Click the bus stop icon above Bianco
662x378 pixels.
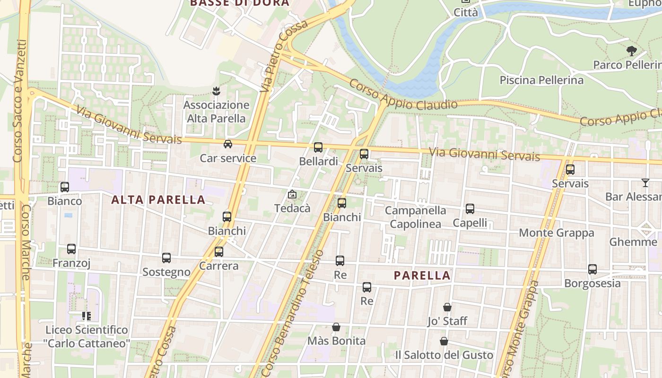click(65, 187)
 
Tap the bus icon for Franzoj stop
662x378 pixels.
click(71, 249)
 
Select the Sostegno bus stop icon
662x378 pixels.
click(166, 258)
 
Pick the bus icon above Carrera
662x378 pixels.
click(218, 252)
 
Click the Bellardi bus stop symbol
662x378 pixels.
click(318, 147)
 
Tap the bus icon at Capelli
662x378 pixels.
click(470, 209)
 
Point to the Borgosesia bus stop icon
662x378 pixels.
click(592, 269)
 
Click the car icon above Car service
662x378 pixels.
click(228, 144)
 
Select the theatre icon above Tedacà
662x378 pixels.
click(292, 194)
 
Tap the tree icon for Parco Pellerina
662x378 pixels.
click(631, 51)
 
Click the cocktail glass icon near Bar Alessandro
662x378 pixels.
click(645, 183)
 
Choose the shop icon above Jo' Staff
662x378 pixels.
click(447, 307)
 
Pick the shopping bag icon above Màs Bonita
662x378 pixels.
click(336, 327)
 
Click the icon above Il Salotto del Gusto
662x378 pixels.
click(444, 341)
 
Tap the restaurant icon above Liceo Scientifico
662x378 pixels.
click(86, 316)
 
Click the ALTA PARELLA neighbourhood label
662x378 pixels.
click(158, 200)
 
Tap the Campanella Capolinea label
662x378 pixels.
click(415, 217)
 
